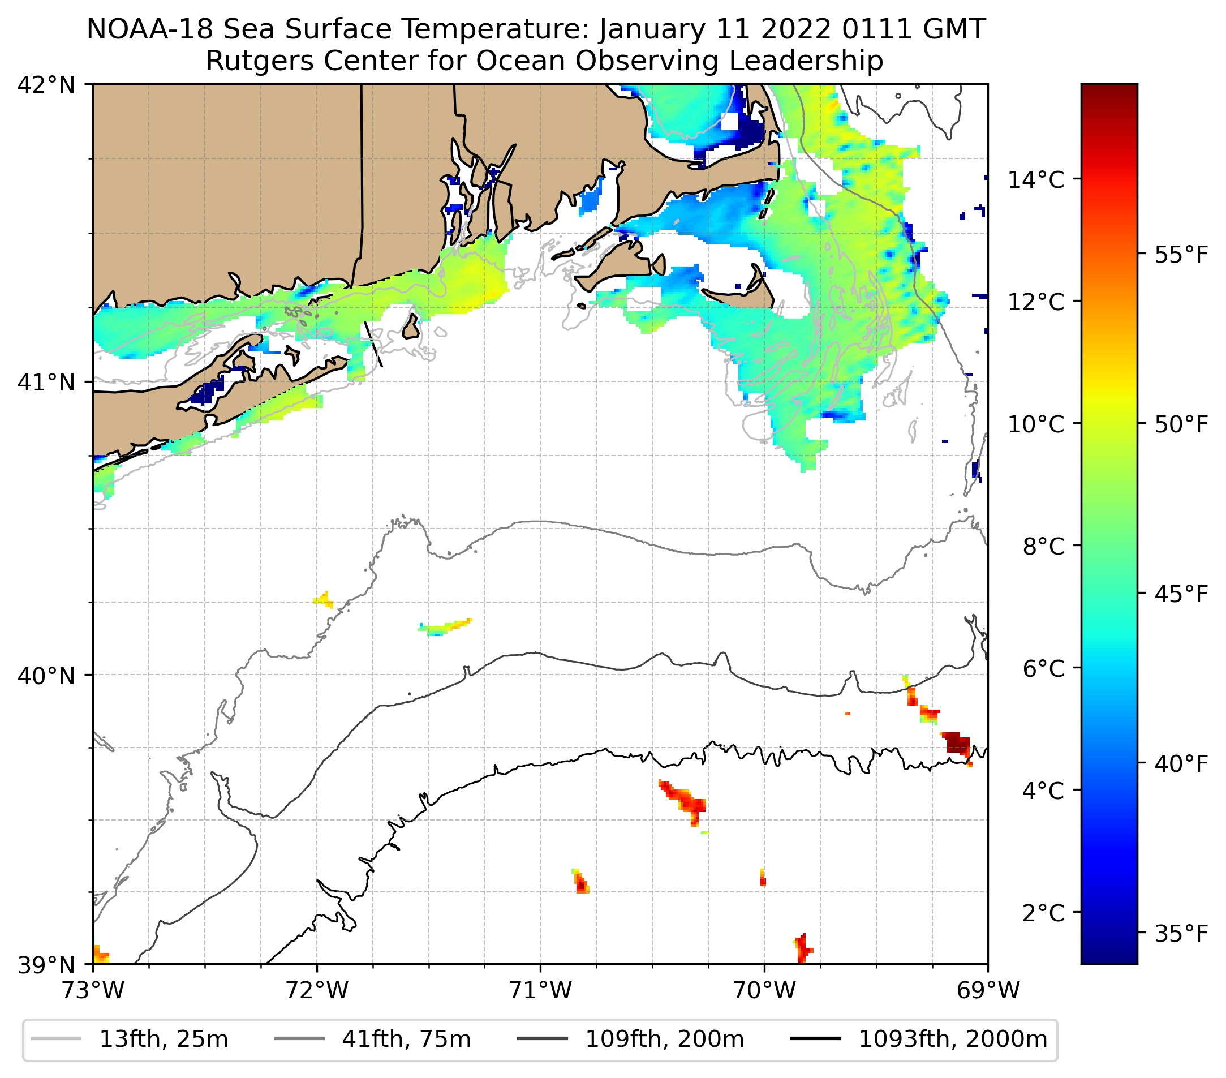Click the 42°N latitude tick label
coord(46,85)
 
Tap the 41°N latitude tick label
coord(46,382)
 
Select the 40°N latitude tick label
coord(46,676)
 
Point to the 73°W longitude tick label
coord(93,990)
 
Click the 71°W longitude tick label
coord(540,990)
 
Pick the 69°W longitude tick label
coord(988,990)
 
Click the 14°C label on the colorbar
coord(1036,179)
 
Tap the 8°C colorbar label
coord(1044,547)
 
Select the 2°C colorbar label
coord(1044,913)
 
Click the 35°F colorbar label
coord(1181,934)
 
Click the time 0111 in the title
coord(879,29)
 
